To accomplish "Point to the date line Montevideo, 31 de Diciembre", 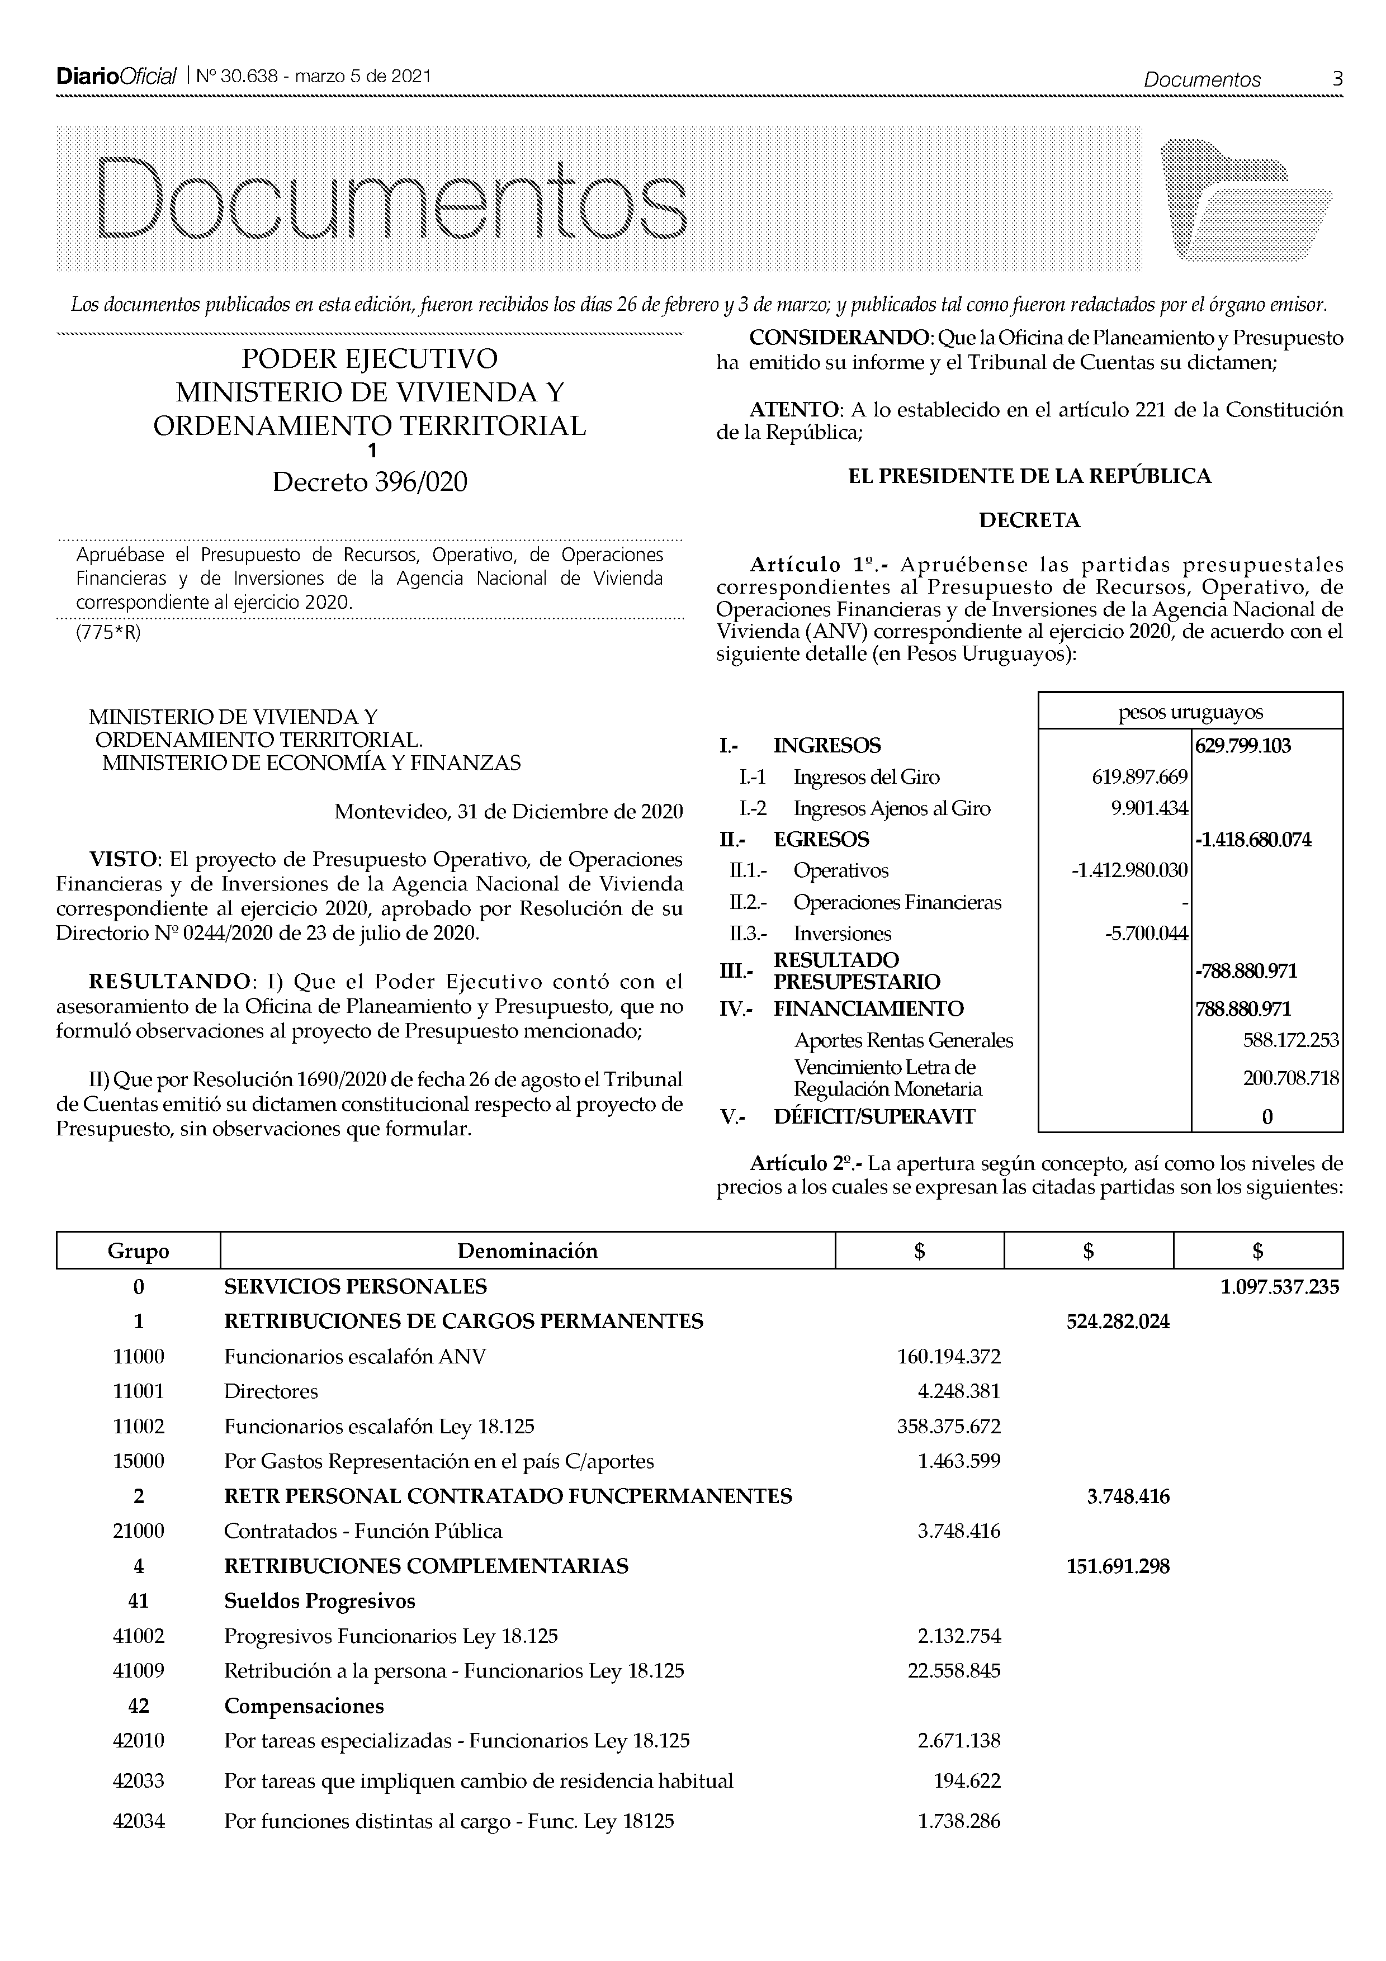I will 508,811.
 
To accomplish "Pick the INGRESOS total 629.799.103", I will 1243,746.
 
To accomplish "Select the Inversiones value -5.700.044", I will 1146,934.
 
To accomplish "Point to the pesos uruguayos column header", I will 1190,712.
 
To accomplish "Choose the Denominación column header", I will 527,1251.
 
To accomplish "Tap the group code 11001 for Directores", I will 138,1391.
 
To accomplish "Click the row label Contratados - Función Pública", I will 363,1531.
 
